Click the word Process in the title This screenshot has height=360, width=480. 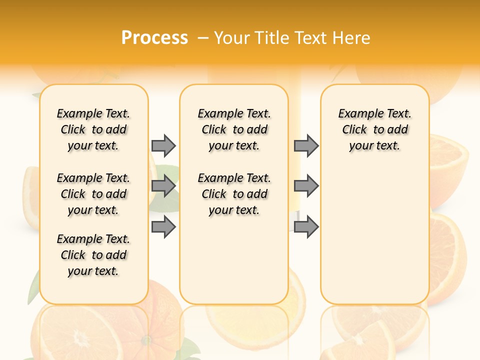(154, 37)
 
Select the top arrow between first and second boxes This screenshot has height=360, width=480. (163, 145)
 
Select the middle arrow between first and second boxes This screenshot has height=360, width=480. (163, 186)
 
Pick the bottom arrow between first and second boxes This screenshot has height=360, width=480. (163, 227)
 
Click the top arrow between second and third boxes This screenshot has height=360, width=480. (306, 145)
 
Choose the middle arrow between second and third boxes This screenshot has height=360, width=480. (306, 186)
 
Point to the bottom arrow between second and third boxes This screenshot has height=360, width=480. (306, 227)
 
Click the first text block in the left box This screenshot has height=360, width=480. (93, 129)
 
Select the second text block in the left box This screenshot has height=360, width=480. (93, 194)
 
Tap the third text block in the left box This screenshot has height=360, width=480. (93, 255)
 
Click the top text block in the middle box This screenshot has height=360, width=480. (234, 129)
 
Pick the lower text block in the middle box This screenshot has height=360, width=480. (234, 194)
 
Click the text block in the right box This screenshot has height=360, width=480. (374, 129)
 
